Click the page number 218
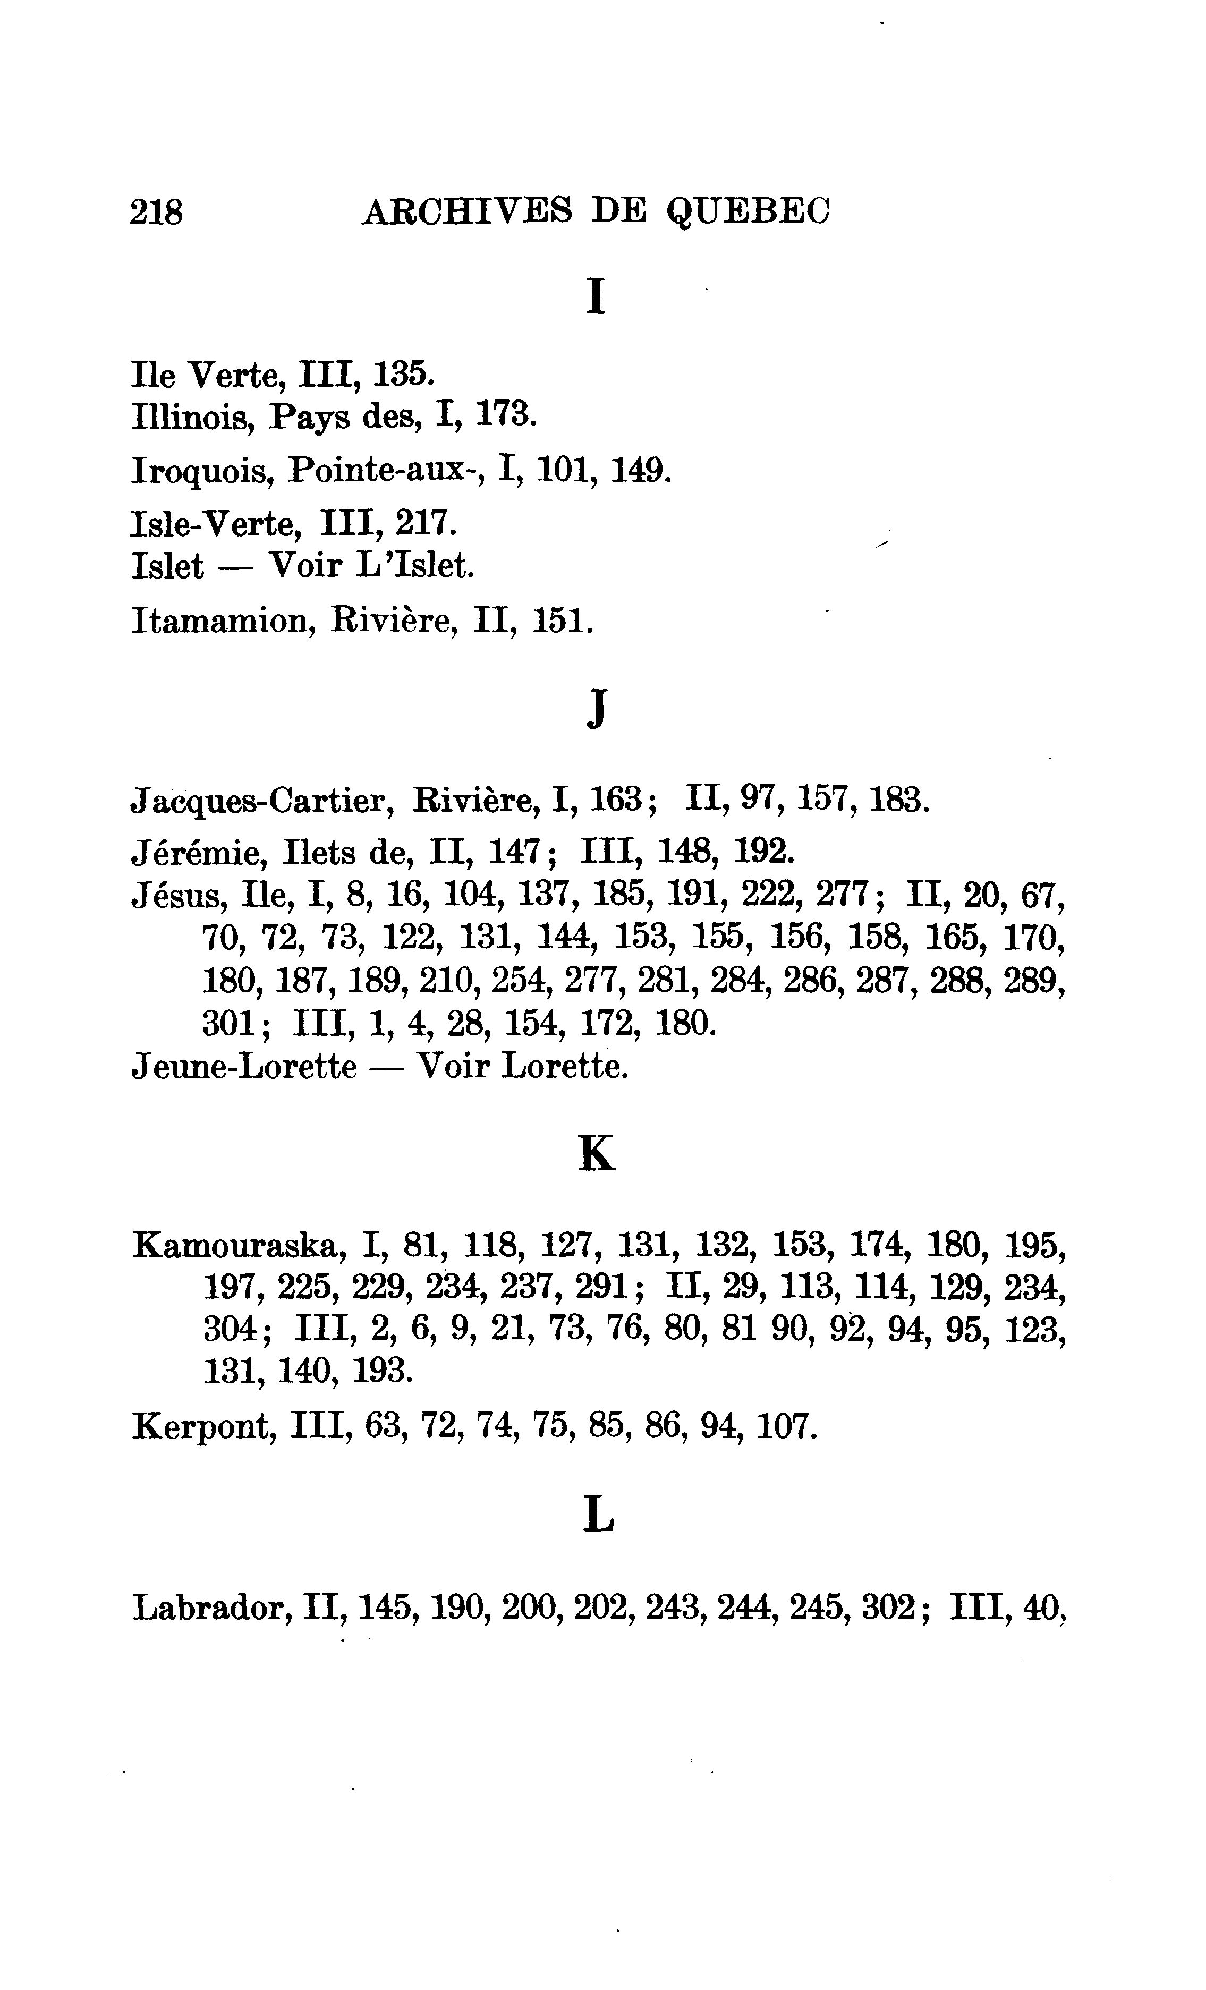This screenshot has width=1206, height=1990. coord(157,212)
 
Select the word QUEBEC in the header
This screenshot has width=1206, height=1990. coord(748,213)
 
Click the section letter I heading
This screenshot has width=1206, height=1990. coord(596,296)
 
